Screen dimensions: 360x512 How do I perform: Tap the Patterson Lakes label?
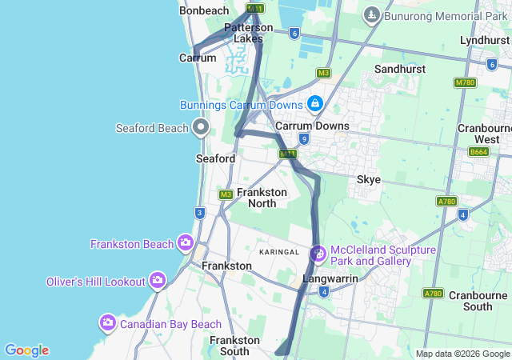coord(248,33)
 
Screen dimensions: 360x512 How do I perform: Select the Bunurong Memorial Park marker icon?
coord(371,14)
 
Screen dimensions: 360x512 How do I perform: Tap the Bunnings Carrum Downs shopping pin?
coord(315,103)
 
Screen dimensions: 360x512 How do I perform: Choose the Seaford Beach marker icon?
coord(201,127)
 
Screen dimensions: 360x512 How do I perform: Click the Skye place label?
coord(368,179)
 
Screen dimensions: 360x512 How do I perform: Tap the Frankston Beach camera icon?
coord(186,242)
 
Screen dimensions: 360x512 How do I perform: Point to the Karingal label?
coord(278,252)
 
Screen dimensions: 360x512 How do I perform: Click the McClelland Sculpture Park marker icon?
coord(318,254)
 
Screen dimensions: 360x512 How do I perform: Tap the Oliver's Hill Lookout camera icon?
coord(157,280)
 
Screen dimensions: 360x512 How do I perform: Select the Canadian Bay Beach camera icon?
coord(108,323)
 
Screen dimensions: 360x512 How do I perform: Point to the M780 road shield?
coord(465,82)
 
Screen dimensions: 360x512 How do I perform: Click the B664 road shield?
coord(478,151)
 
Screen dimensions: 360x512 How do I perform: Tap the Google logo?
coord(26,350)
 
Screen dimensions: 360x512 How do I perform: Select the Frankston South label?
coord(234,346)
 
